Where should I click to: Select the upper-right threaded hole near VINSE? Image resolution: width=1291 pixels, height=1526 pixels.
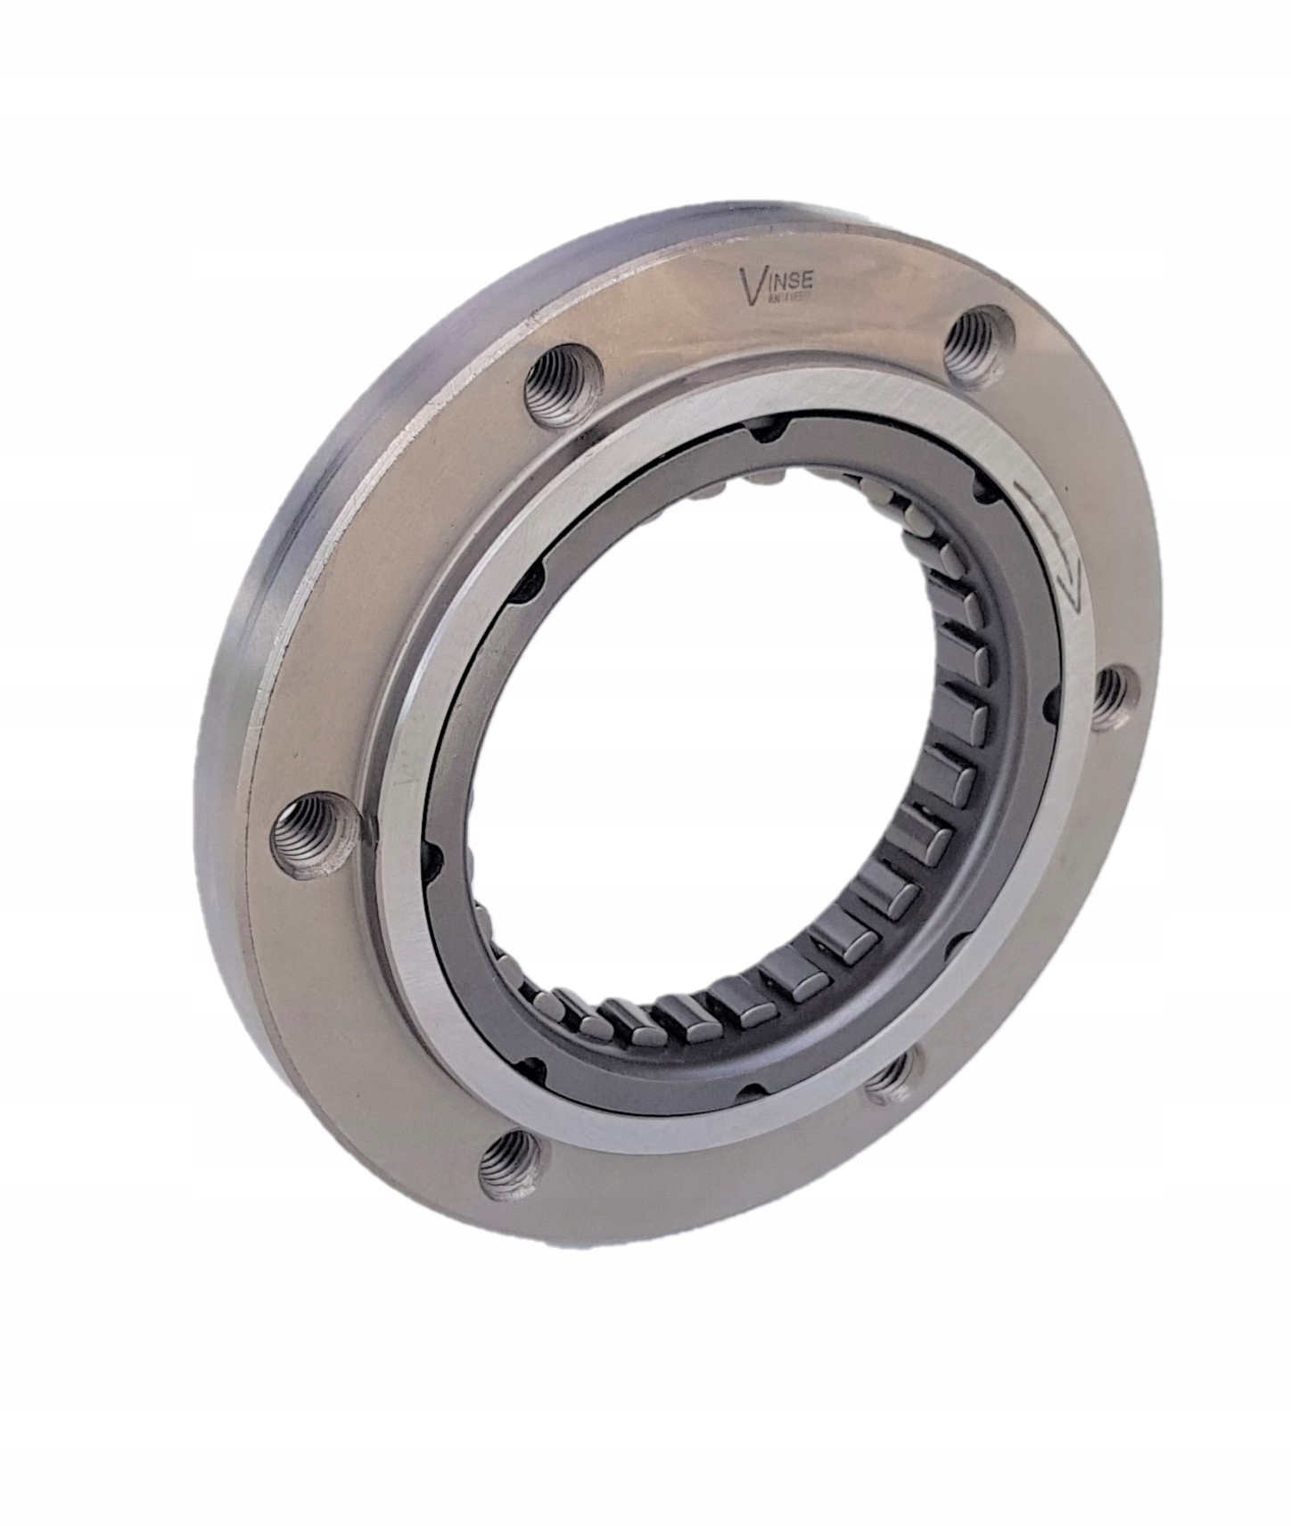975,338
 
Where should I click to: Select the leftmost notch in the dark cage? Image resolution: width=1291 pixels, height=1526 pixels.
434,858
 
